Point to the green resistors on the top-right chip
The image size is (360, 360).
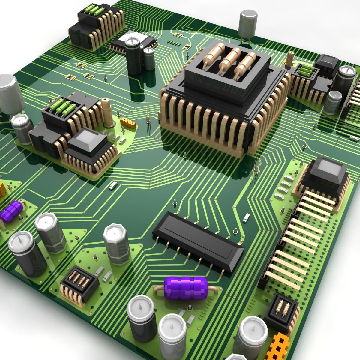306,71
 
